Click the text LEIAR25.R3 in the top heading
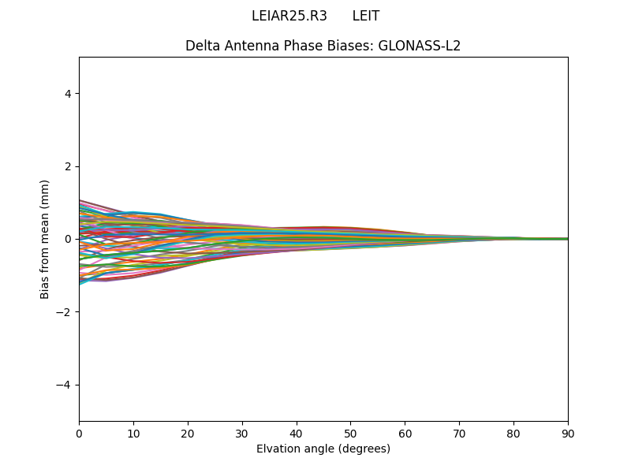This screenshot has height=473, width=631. pyautogui.click(x=289, y=16)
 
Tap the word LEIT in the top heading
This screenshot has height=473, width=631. pyautogui.click(x=366, y=16)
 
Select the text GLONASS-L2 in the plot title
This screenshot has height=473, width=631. pyautogui.click(x=420, y=46)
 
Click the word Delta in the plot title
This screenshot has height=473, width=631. pyautogui.click(x=201, y=46)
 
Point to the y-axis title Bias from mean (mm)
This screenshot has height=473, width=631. pyautogui.click(x=46, y=239)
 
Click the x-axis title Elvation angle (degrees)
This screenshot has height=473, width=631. pyautogui.click(x=323, y=449)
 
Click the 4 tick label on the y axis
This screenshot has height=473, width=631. pyautogui.click(x=68, y=94)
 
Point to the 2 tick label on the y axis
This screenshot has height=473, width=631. pyautogui.click(x=68, y=166)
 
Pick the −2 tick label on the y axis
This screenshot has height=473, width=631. pyautogui.click(x=65, y=312)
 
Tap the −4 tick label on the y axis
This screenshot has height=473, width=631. pyautogui.click(x=65, y=385)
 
